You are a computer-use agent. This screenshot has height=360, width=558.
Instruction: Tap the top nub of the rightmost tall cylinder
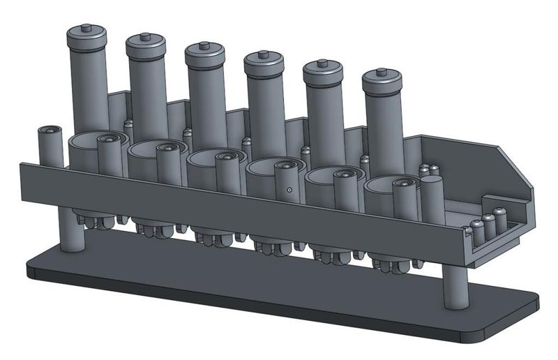coord(381,72)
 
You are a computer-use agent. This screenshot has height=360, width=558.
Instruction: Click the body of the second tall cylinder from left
coord(145,98)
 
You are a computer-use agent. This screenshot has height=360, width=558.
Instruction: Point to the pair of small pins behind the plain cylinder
coord(428,170)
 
